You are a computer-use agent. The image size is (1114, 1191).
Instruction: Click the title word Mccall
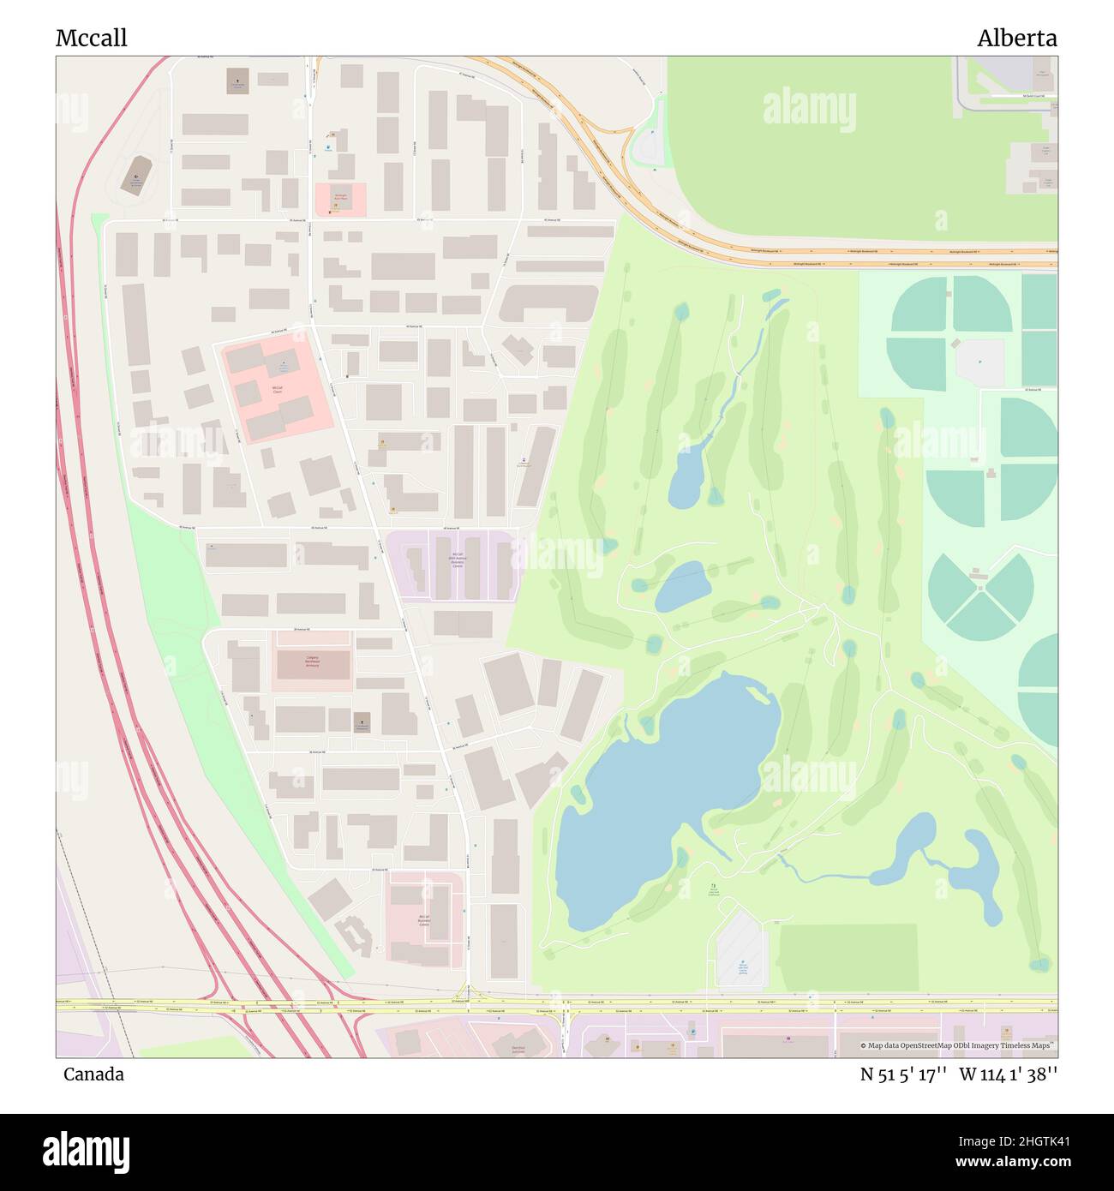point(92,38)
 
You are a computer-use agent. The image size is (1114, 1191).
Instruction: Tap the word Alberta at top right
point(1016,38)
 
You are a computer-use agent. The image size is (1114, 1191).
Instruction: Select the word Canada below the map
point(93,1074)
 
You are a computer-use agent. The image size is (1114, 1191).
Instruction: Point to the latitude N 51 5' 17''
point(903,1074)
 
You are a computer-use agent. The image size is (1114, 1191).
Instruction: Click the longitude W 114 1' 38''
point(1008,1074)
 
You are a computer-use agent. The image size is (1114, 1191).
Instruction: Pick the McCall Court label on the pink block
point(277,388)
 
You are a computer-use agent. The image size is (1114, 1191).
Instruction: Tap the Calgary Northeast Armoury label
point(313,661)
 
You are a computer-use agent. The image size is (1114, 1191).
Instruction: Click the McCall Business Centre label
point(424,921)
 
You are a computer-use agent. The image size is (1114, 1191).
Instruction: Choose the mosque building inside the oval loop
point(136,176)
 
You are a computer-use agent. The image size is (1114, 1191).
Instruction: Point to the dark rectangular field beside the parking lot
point(848,957)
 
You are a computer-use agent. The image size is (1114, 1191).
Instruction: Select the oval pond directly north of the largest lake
point(683,586)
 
